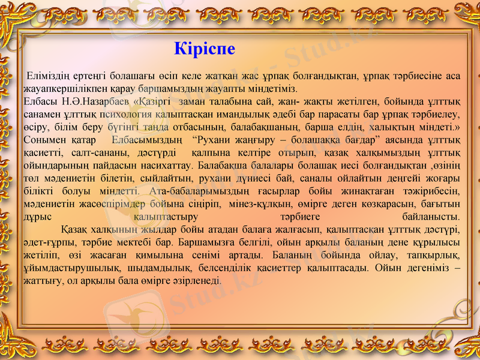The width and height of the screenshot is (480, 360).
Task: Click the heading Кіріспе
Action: [x=204, y=48]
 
